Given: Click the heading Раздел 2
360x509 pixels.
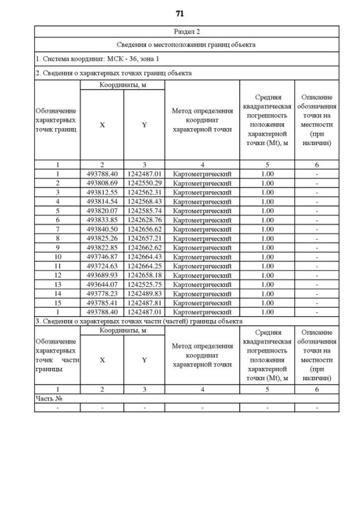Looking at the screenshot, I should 186,31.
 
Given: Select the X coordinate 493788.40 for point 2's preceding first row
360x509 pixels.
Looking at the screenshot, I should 102,174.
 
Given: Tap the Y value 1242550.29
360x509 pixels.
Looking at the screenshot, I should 144,183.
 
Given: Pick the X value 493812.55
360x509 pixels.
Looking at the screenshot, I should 102,192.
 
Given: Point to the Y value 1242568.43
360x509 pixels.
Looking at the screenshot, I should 144,201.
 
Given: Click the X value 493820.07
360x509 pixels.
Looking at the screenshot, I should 102,211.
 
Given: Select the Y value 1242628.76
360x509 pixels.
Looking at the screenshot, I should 144,220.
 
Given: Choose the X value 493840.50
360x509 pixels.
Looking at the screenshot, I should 102,229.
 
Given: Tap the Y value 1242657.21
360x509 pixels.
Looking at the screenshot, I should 144,238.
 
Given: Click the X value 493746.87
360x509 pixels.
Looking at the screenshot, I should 102,256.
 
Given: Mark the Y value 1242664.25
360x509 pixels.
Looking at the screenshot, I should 144,266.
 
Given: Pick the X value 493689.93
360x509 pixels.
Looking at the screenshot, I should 102,275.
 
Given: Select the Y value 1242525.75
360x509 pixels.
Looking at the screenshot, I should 144,285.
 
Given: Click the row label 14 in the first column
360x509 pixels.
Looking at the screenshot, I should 57,294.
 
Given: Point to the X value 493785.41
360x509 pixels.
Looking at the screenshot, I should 102,303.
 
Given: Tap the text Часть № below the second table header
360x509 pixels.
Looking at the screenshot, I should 47,398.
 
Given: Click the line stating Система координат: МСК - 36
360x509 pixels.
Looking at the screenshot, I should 97,58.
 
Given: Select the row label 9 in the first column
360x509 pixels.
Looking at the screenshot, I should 57,247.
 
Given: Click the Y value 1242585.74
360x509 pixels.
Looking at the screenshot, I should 144,211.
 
